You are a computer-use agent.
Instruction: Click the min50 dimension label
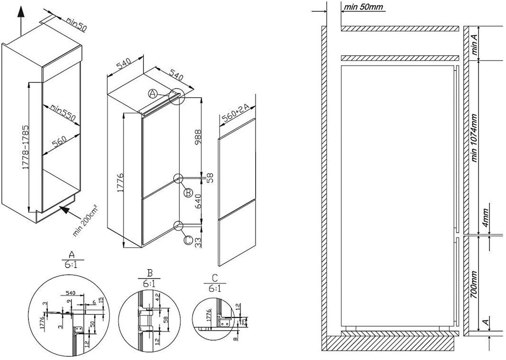(x=76, y=24)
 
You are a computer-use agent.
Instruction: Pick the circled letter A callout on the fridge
(x=153, y=94)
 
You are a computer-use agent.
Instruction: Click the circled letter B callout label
(x=188, y=192)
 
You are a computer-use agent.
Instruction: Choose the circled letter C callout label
(x=188, y=241)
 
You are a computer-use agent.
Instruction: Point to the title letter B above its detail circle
(x=149, y=273)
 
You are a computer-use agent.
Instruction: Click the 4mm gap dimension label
(x=486, y=219)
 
